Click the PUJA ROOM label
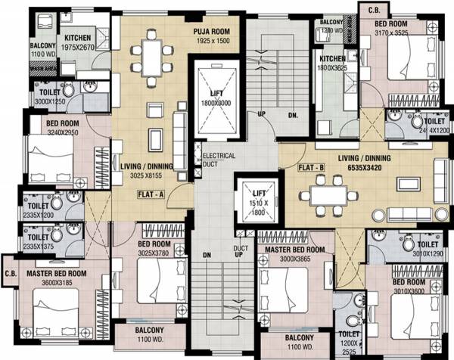coord(212,33)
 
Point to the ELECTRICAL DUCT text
coord(219,160)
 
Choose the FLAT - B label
coord(311,166)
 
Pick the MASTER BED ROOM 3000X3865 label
coord(291,254)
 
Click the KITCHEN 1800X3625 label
coord(333,63)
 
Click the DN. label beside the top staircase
coord(294,116)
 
